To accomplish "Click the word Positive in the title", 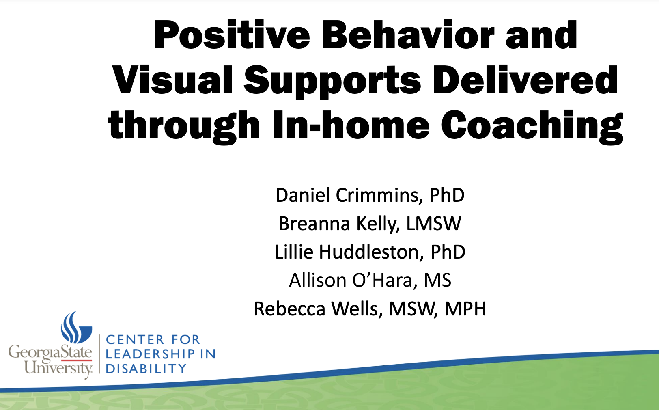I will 232,36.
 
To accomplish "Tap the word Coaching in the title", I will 532,126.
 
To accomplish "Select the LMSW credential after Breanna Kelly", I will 434,224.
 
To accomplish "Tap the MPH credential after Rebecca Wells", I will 465,309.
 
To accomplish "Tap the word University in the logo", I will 58,368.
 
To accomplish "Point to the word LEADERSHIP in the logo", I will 150,354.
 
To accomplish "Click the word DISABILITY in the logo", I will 146,369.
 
